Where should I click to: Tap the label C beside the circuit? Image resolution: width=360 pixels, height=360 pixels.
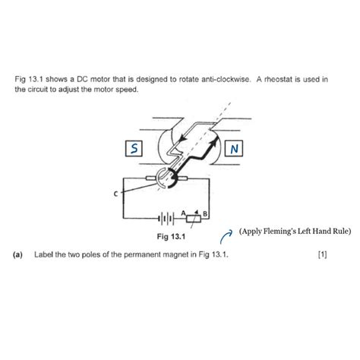point(116,194)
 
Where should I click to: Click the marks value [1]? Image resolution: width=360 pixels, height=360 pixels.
point(323,255)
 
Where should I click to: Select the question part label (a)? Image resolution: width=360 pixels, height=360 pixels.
point(17,255)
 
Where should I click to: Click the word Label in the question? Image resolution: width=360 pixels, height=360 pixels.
point(45,255)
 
